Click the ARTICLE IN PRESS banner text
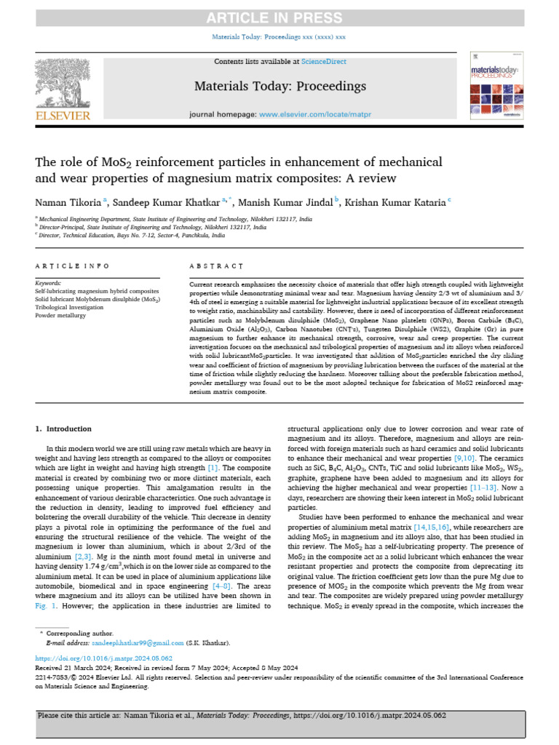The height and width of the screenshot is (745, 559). [279, 18]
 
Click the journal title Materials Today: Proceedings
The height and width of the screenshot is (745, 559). [279, 87]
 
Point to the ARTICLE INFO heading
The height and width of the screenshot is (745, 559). [66, 267]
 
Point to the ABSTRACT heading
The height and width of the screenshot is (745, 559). [216, 267]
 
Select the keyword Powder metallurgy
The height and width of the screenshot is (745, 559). [61, 315]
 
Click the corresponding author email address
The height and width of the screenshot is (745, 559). [138, 643]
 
